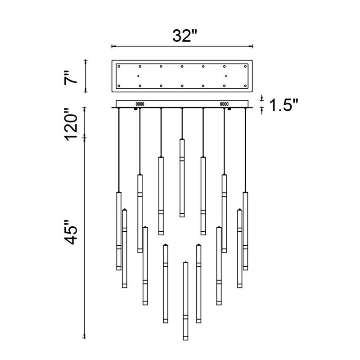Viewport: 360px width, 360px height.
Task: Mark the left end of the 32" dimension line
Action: click(x=112, y=46)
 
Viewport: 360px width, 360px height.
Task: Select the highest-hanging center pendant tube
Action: click(x=182, y=178)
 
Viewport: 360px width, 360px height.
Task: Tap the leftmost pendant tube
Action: click(x=119, y=231)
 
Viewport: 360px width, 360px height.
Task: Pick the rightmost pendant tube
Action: click(x=246, y=231)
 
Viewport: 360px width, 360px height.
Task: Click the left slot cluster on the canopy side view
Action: click(x=139, y=103)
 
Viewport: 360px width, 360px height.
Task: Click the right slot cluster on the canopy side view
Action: click(x=224, y=103)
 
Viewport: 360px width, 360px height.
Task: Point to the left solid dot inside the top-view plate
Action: click(x=138, y=76)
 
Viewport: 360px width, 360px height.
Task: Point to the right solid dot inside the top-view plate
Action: click(x=226, y=76)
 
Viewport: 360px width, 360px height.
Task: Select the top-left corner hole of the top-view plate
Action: click(x=119, y=67)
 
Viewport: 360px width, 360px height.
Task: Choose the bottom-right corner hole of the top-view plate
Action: click(x=246, y=85)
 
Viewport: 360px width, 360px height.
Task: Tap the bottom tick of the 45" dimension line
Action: click(x=85, y=337)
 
